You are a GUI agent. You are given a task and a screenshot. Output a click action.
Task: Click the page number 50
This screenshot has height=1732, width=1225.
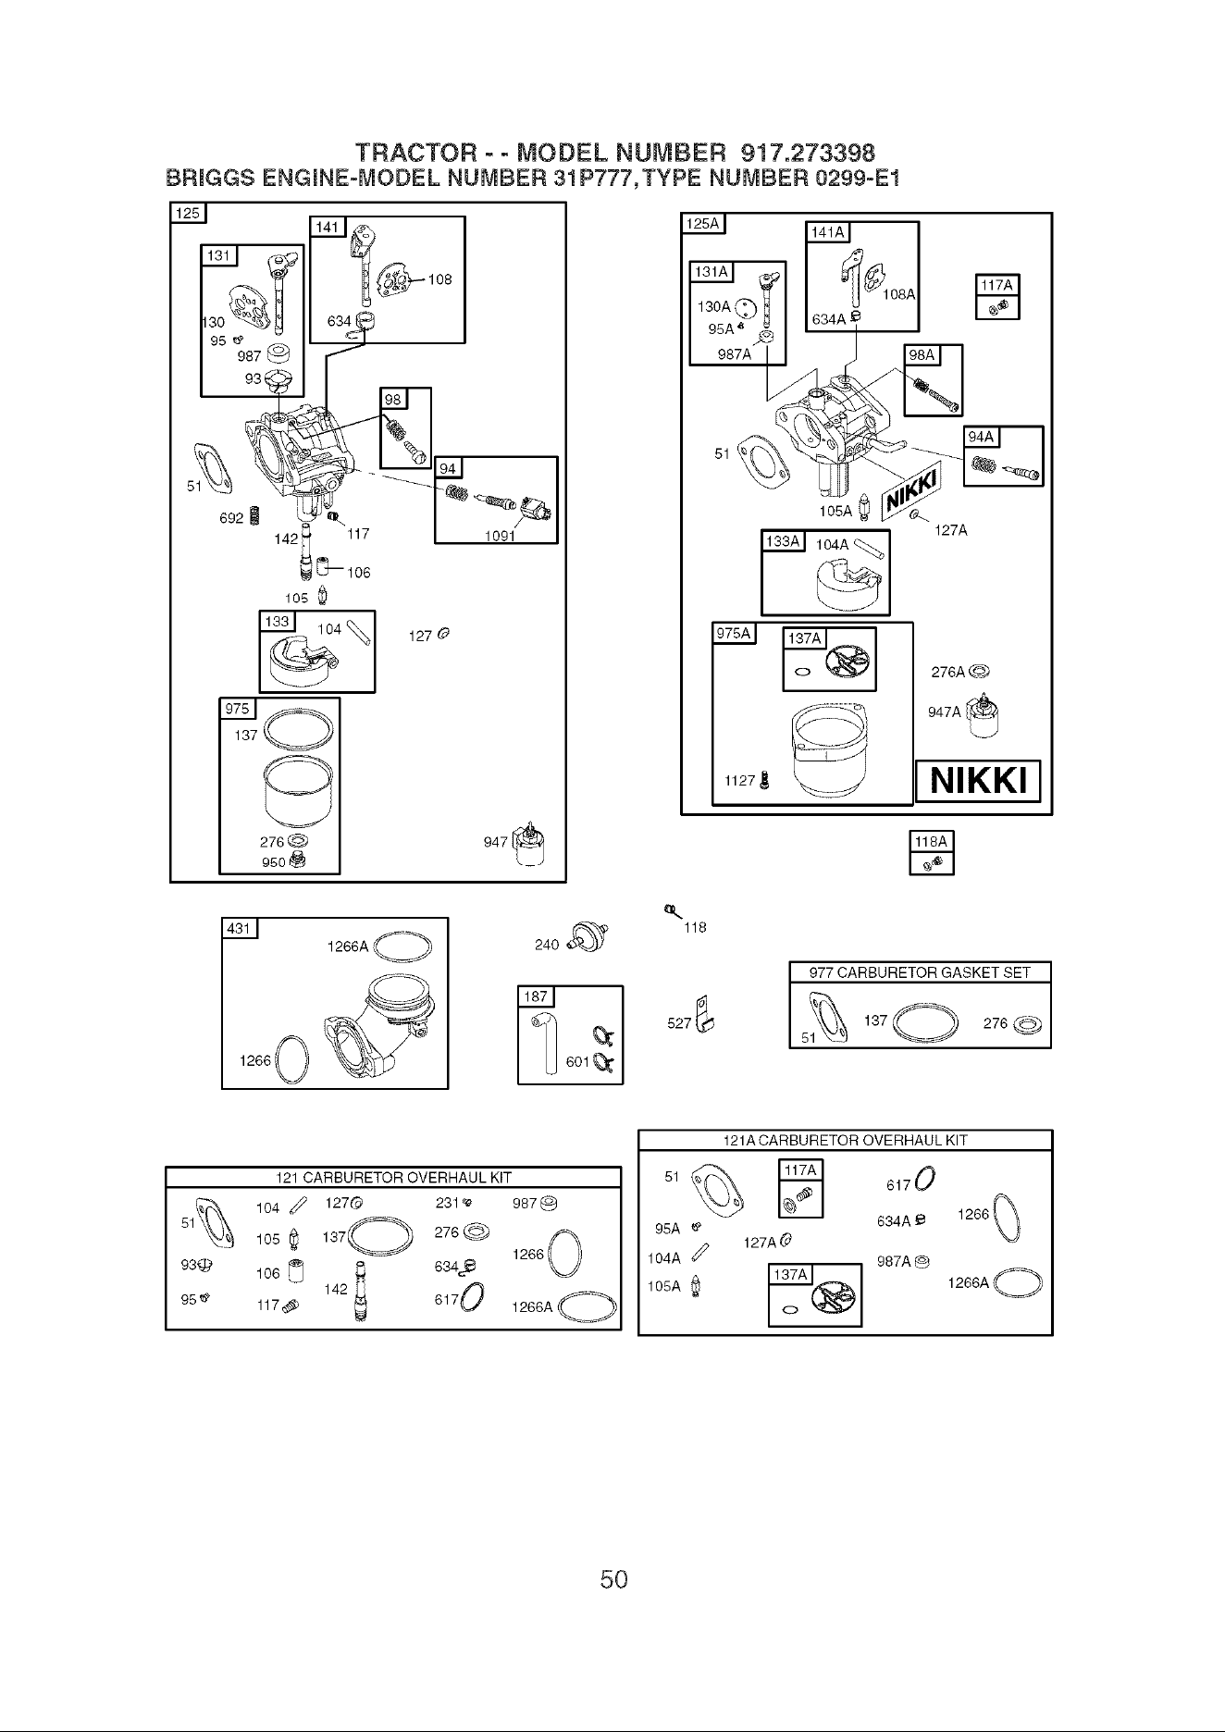point(613,1578)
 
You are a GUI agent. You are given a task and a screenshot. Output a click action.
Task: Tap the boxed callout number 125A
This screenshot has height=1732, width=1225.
point(705,224)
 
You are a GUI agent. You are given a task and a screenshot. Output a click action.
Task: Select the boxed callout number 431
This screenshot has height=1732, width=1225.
point(240,928)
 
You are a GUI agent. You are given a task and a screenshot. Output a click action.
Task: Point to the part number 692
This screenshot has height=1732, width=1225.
point(230,518)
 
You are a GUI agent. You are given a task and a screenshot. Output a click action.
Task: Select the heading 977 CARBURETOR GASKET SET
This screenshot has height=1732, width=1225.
point(920,972)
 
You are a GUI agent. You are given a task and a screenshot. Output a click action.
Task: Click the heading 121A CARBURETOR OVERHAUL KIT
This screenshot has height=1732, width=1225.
point(845,1140)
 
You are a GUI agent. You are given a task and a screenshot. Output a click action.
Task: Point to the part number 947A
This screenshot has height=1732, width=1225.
point(944,712)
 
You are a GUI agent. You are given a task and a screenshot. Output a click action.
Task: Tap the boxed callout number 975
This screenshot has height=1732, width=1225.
point(237,709)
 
